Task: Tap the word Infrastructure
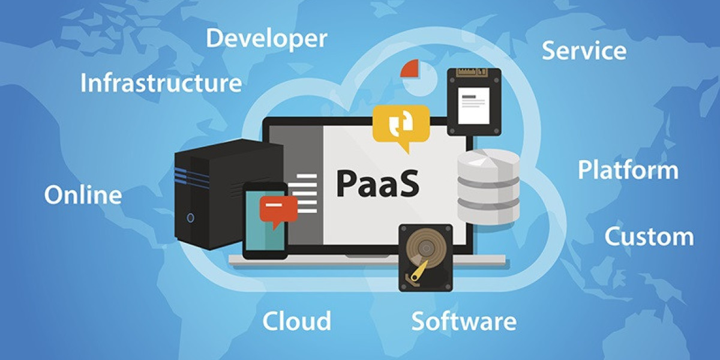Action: click(161, 83)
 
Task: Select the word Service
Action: click(584, 51)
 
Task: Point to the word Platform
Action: click(628, 170)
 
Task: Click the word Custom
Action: click(649, 236)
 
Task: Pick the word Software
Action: click(464, 321)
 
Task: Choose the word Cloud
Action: click(296, 321)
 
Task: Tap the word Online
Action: click(83, 195)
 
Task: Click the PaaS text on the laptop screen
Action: click(377, 184)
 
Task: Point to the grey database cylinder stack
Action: click(488, 187)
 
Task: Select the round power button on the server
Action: click(190, 218)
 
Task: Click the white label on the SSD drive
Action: click(474, 106)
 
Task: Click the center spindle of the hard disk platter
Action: click(426, 248)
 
